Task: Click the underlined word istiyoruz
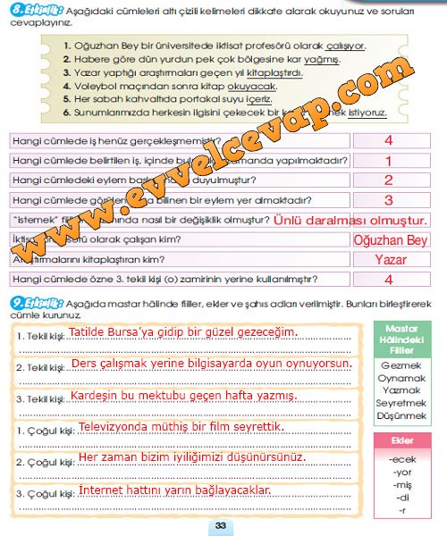pyautogui.click(x=367, y=115)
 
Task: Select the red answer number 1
pyautogui.click(x=388, y=161)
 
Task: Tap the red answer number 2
pyautogui.click(x=388, y=180)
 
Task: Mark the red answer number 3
pyautogui.click(x=388, y=200)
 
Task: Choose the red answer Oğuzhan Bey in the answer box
pyautogui.click(x=391, y=240)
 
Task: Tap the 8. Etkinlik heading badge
pyautogui.click(x=30, y=10)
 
